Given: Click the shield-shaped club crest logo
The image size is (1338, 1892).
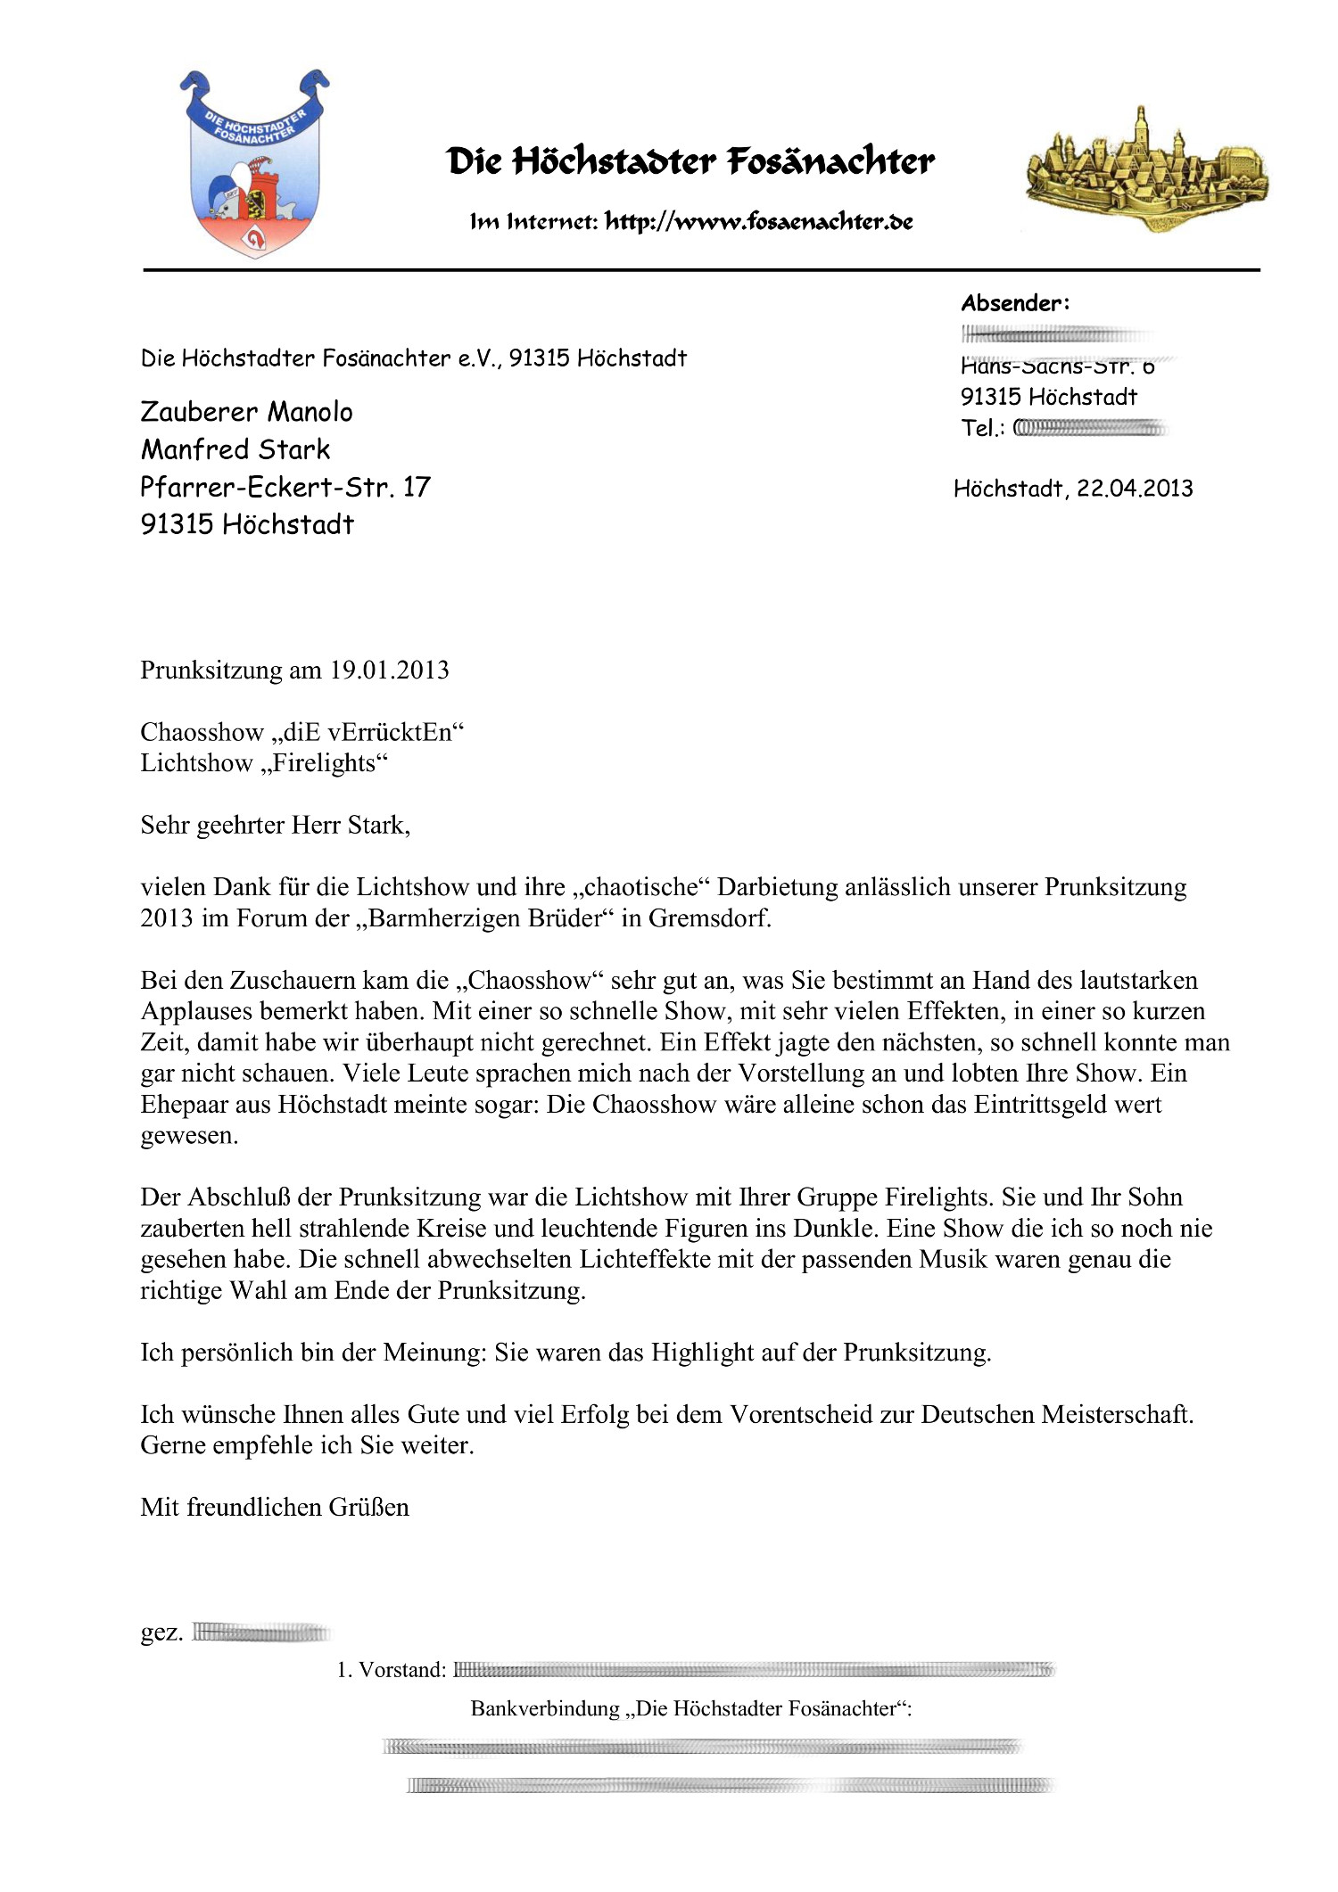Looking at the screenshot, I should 254,165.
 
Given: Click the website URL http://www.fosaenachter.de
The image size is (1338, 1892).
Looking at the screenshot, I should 758,222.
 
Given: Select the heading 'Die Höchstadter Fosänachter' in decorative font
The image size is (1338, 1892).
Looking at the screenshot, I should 690,162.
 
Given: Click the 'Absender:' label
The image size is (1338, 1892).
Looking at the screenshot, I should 1015,303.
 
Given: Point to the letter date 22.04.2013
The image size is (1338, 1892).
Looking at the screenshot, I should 1135,489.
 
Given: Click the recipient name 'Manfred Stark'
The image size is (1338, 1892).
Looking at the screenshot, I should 235,449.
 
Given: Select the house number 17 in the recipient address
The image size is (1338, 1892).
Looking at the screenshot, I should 417,487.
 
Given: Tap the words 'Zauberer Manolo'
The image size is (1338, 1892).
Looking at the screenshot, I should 246,412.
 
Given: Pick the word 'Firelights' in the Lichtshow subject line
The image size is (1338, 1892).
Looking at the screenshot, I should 326,763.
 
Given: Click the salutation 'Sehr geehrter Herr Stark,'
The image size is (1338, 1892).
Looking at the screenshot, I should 275,826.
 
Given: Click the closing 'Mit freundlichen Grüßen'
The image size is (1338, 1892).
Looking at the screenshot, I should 275,1507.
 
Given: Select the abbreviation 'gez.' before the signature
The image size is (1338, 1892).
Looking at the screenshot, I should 161,1633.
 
